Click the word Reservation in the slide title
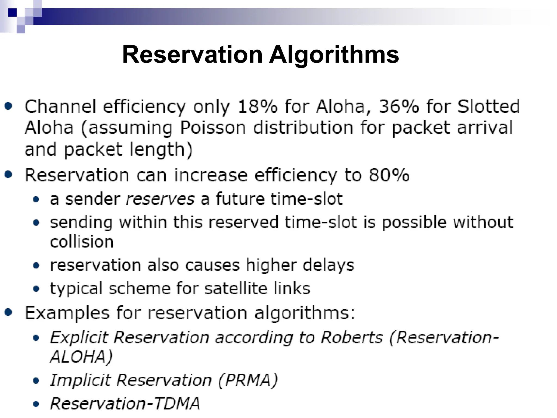click(x=192, y=55)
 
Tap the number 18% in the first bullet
click(x=257, y=106)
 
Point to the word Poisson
click(x=213, y=128)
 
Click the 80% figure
click(x=389, y=175)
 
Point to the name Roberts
click(x=352, y=338)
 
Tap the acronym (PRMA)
click(x=248, y=380)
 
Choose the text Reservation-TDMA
click(x=125, y=403)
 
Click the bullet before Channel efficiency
click(x=8, y=106)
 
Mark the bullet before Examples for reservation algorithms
click(x=8, y=312)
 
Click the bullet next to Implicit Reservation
click(x=36, y=381)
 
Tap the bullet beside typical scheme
click(x=36, y=289)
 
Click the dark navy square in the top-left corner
click(x=12, y=13)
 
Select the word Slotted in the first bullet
click(x=488, y=106)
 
